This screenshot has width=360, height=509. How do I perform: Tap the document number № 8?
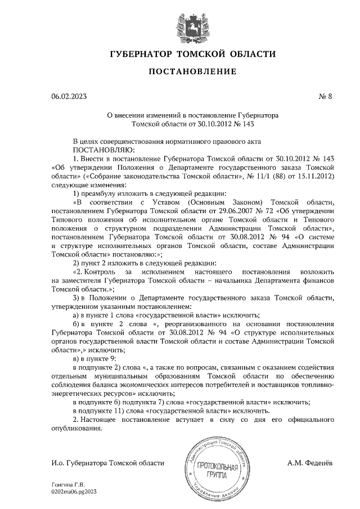click(326, 96)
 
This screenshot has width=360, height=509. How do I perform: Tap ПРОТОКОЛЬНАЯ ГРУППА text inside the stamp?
click(216, 469)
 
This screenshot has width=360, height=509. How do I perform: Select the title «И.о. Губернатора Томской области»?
click(107, 462)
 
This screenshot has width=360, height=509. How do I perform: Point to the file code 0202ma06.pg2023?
click(74, 491)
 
